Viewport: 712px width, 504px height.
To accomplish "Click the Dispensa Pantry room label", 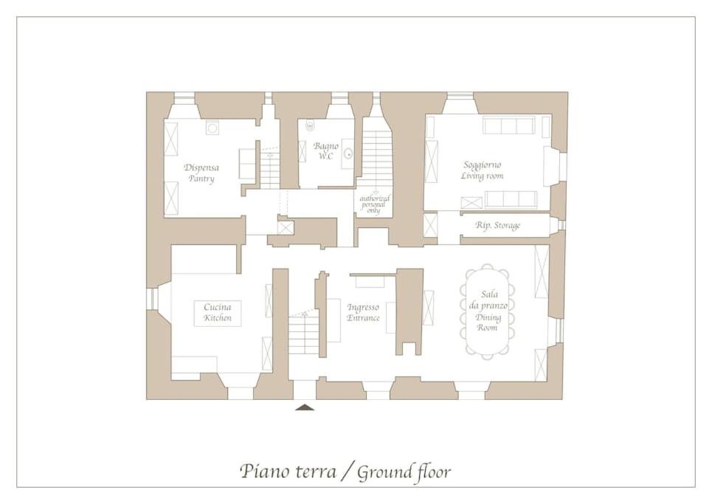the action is pos(201,173).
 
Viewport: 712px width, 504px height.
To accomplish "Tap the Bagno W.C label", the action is pos(325,151).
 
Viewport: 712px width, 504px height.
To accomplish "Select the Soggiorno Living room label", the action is pos(482,170).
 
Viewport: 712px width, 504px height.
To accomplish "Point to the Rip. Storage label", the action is pos(498,225).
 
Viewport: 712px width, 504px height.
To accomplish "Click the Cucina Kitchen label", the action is pos(217,312).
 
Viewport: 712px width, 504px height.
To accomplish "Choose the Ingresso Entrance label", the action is pos(363,312).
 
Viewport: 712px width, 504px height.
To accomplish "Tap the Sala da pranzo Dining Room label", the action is pos(488,311).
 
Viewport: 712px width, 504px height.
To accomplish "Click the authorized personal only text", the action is pos(374,204).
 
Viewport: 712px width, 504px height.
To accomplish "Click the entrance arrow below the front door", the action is pos(305,407).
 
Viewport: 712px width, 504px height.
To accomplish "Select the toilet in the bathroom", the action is pos(310,125).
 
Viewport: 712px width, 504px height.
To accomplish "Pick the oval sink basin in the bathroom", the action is pos(348,153).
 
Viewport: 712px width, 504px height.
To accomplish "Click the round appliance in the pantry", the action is pos(212,128).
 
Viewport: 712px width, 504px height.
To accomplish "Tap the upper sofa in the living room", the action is pos(508,125).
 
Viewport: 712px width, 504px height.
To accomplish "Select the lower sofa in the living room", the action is pos(511,200).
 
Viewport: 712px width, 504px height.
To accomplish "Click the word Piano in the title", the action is pos(265,472).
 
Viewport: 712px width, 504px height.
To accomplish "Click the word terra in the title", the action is pos(316,472).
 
